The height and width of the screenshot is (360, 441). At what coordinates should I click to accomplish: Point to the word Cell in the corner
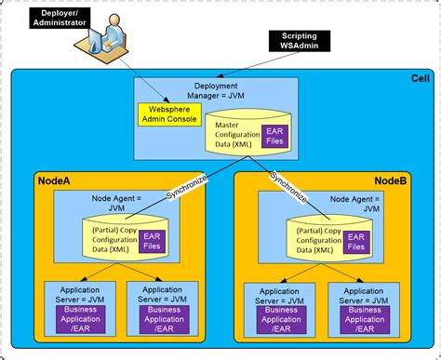pyautogui.click(x=420, y=79)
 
